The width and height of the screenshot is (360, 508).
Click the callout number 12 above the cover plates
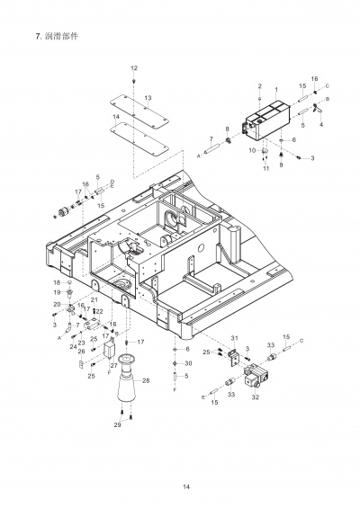tap(134, 68)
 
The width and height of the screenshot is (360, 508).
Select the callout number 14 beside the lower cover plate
tap(116, 118)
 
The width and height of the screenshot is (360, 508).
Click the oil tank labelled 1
tap(268, 120)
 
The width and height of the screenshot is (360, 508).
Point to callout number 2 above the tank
tap(259, 86)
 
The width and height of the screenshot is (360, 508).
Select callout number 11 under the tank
tap(266, 168)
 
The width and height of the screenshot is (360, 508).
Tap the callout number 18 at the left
tap(56, 283)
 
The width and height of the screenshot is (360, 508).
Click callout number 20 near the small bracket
tap(56, 305)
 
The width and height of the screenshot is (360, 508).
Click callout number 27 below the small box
tap(112, 366)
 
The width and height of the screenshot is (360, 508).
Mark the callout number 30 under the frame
tap(188, 363)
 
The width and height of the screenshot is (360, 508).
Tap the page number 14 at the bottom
tap(186, 486)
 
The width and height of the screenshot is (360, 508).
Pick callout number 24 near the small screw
tap(73, 346)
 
